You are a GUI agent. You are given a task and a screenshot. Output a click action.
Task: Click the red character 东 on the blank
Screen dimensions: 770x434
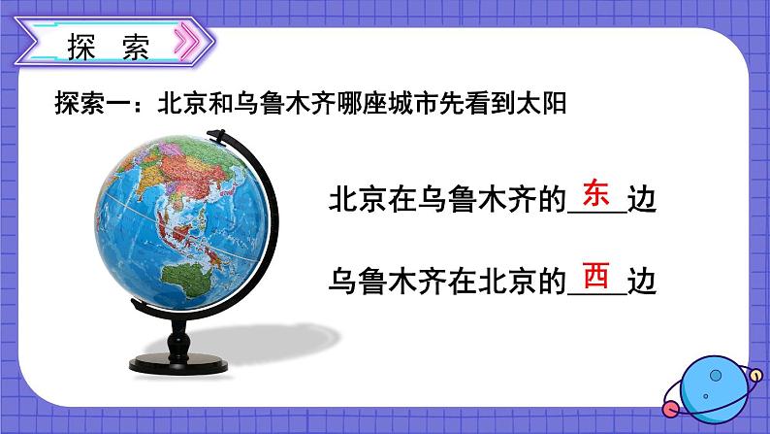596,193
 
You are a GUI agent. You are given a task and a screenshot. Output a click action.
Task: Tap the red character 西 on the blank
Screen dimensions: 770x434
596,275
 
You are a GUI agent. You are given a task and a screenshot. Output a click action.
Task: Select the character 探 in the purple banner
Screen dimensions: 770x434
81,47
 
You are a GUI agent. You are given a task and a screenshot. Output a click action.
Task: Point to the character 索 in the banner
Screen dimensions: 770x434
136,47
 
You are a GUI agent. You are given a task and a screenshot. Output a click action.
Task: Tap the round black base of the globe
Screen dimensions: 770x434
178,364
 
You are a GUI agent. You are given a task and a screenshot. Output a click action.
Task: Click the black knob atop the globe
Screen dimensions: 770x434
215,134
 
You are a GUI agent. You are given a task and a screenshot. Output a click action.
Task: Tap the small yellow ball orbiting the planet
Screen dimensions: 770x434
755,376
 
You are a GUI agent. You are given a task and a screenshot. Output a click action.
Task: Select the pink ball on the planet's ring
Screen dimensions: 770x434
671,408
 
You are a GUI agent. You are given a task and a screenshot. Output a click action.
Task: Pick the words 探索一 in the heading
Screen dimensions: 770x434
92,104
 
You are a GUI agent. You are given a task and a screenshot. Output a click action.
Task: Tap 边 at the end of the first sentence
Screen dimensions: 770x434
642,200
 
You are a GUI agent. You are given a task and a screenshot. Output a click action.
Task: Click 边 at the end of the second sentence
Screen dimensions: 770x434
642,281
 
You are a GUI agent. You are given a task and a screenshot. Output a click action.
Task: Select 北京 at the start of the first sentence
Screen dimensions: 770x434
358,200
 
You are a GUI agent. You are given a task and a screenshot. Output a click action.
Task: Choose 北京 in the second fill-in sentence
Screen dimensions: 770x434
507,281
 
